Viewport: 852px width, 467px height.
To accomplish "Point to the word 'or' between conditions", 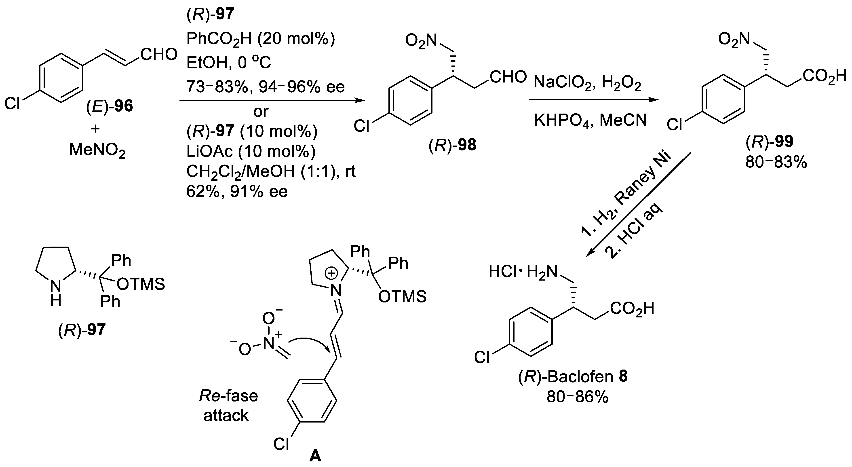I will [261, 112].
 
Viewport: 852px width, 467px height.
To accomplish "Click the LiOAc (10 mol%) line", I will [251, 152].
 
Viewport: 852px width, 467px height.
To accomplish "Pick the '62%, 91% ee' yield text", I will [237, 192].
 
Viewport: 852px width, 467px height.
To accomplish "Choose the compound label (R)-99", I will [769, 142].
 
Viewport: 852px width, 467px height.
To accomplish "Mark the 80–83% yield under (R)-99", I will [776, 162].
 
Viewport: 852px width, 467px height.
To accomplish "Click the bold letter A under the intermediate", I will [315, 456].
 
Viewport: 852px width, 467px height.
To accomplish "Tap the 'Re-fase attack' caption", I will [228, 406].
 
